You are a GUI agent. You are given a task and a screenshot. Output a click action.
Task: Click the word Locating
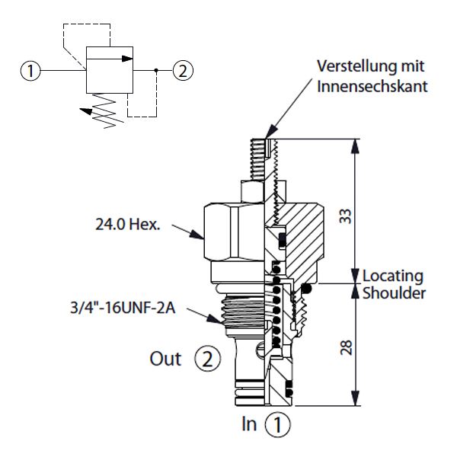coord(392,275)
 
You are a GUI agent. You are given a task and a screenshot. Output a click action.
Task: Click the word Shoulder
coord(392,292)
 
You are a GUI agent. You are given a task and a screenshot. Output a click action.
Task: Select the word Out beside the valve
coord(165,358)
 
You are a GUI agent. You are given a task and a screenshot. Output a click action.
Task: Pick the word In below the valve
coord(248,423)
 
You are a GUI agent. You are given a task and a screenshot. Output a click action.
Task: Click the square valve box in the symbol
coord(109,72)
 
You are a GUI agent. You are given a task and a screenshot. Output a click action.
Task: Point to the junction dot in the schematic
coord(156,72)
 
